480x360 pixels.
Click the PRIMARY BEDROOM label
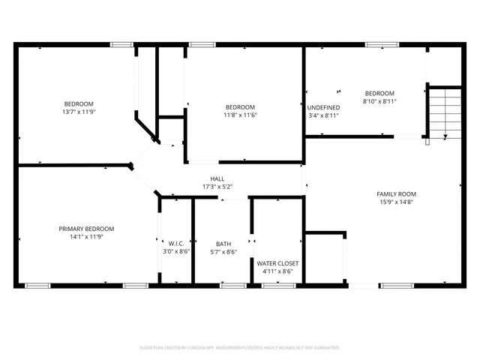click(x=86, y=229)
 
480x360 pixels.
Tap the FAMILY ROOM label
click(x=396, y=194)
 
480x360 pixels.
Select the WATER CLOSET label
click(x=277, y=264)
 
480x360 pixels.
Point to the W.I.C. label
click(x=176, y=243)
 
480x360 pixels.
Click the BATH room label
click(x=223, y=244)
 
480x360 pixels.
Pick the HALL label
click(x=217, y=179)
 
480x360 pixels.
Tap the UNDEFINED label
click(x=324, y=107)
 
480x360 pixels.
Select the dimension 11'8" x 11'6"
click(x=239, y=115)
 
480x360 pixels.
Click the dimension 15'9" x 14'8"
click(x=396, y=202)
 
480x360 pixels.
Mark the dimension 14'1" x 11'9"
click(x=86, y=238)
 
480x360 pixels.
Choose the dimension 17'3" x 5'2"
click(x=217, y=187)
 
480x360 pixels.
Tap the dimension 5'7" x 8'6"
click(x=223, y=253)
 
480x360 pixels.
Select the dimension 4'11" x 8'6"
click(x=277, y=272)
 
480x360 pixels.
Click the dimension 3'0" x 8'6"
click(x=176, y=252)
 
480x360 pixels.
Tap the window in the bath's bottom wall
click(x=232, y=285)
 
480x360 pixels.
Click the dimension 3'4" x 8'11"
click(x=324, y=116)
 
